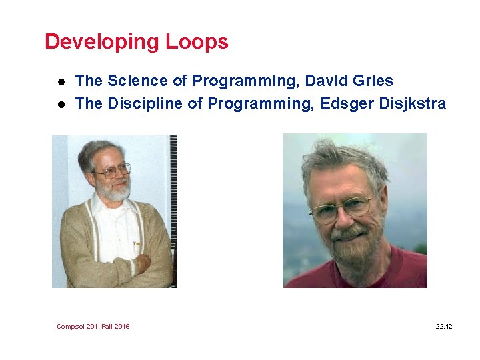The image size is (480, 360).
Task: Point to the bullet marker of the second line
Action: [x=59, y=105]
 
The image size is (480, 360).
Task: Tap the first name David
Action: [x=323, y=81]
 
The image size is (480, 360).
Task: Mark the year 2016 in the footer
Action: [x=121, y=326]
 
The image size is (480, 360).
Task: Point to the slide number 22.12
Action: [x=443, y=326]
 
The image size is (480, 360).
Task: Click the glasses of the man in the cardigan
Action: [x=112, y=170]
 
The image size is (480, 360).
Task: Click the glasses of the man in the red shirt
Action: [x=341, y=209]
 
